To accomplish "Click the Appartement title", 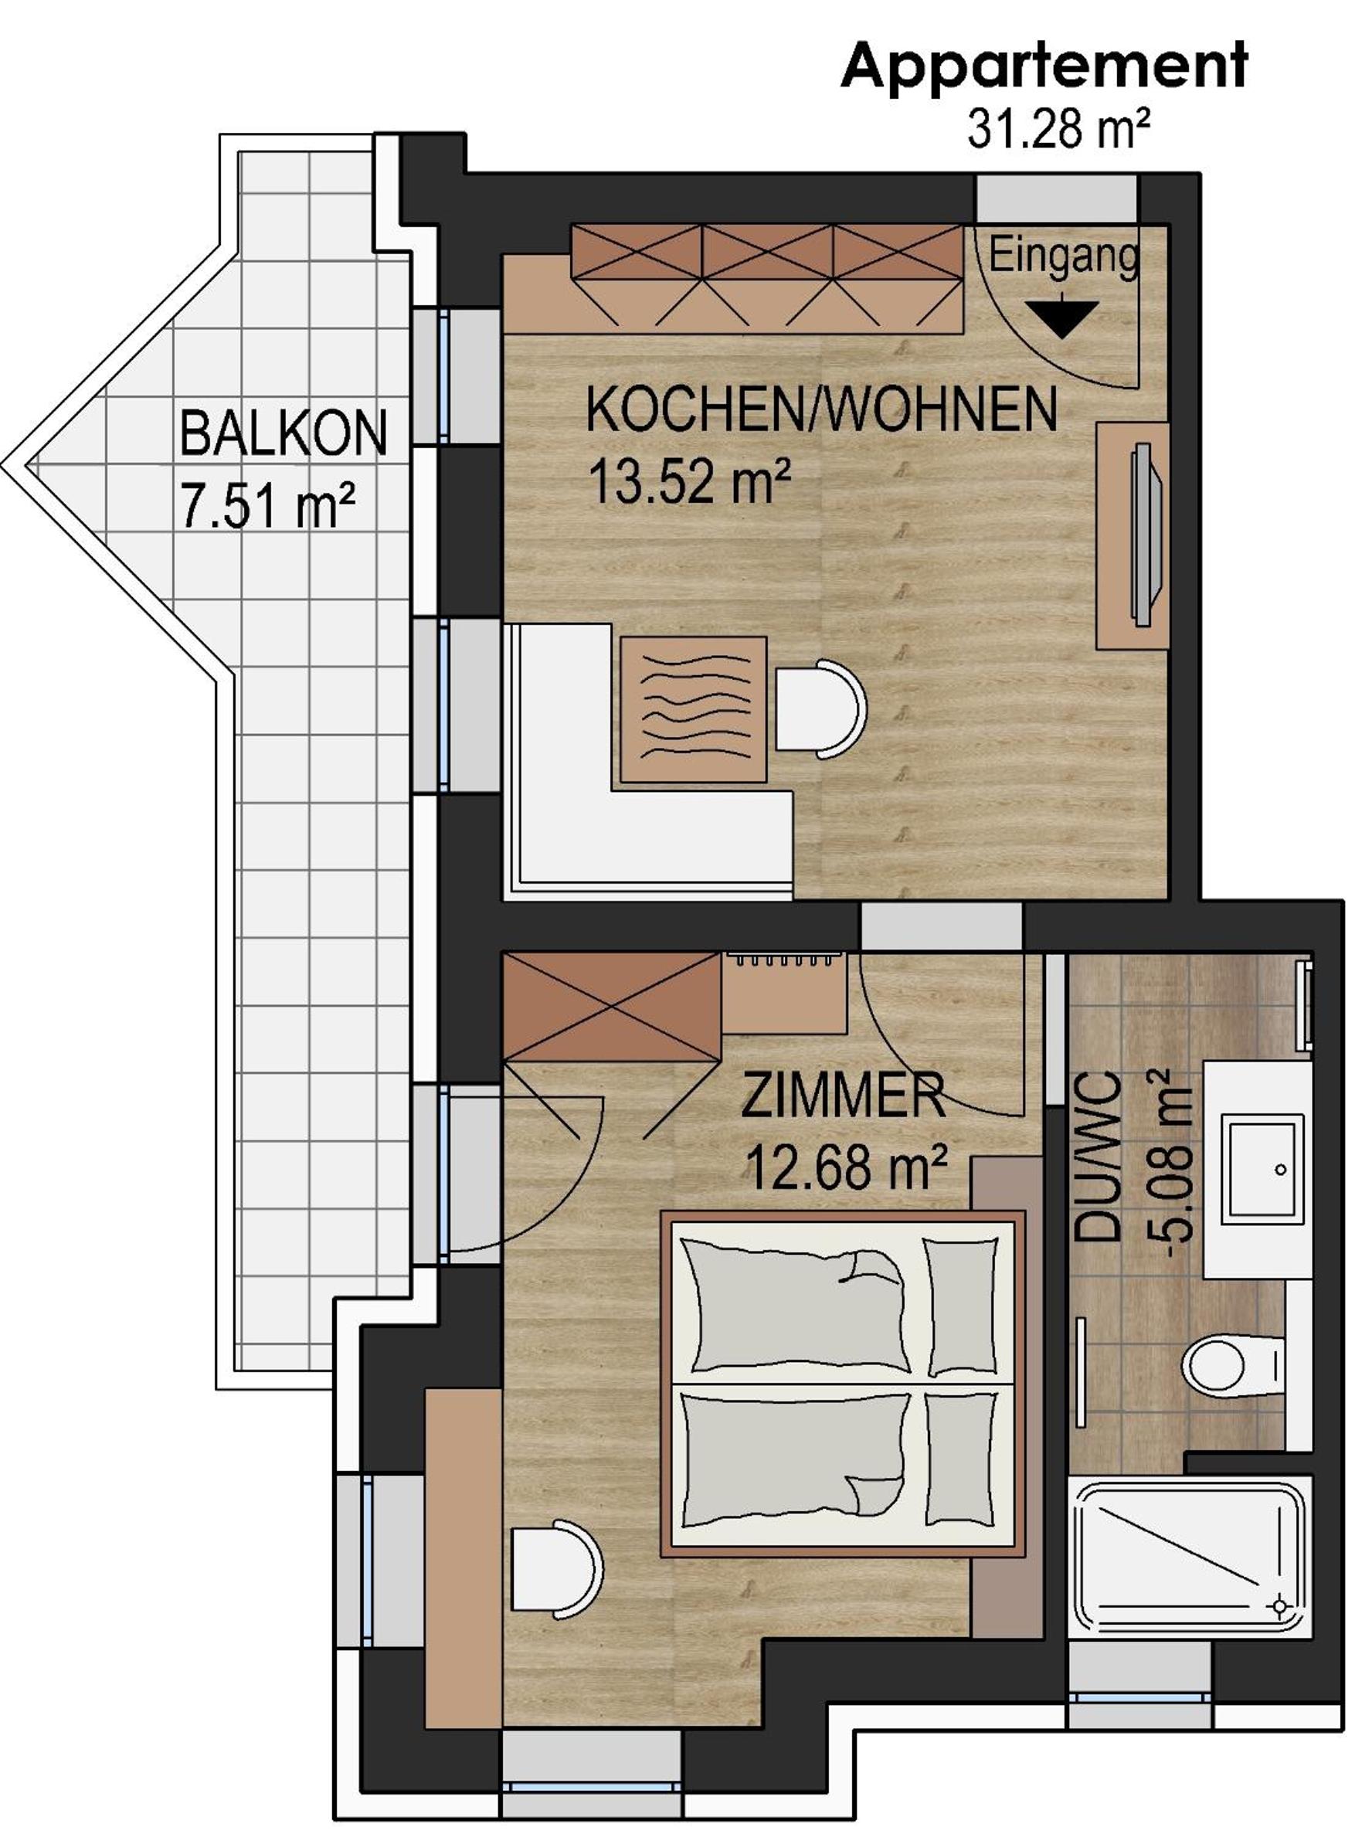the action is click(1044, 67).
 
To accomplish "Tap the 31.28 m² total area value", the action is click(1058, 129).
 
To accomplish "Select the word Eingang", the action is click(1064, 256).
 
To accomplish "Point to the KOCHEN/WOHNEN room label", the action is click(822, 409).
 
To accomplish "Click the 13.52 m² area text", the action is click(690, 481).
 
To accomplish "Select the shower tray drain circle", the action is click(1278, 1605).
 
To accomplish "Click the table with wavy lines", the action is click(694, 708).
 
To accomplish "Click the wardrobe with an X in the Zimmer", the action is click(612, 1008).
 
